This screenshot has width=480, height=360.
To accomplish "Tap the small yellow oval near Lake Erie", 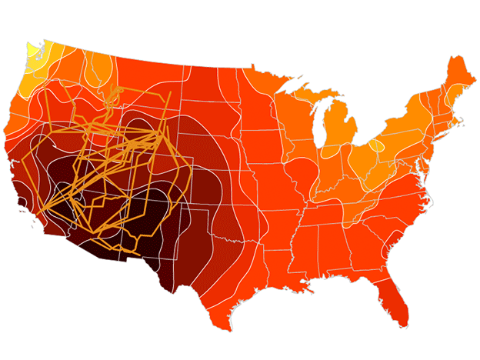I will (375, 145).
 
